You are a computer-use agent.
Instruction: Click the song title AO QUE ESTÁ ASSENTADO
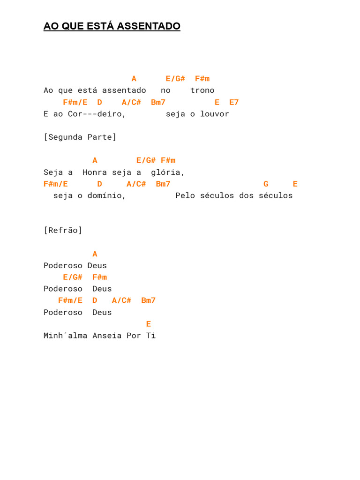[x=112, y=26]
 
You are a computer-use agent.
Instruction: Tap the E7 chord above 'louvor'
[x=234, y=102]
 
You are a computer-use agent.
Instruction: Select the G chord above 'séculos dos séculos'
[x=266, y=184]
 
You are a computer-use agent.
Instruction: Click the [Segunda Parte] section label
[x=80, y=137]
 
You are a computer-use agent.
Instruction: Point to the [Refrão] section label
[x=63, y=230]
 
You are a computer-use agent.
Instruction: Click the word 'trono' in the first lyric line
[x=202, y=90]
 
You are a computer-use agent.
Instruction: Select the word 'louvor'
[x=215, y=114]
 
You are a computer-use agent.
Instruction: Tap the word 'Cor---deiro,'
[x=97, y=114]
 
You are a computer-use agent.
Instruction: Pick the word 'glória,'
[x=167, y=172]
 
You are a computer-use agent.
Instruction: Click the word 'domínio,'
[x=106, y=195]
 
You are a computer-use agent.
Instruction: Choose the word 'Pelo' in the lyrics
[x=185, y=195]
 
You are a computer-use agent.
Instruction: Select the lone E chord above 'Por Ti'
[x=149, y=324]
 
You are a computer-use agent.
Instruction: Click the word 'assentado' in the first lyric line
[x=124, y=90]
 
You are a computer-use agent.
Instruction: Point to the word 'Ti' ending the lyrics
[x=151, y=336]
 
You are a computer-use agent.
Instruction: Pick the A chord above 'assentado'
[x=134, y=79]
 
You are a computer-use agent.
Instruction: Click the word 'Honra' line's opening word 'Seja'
[x=53, y=172]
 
